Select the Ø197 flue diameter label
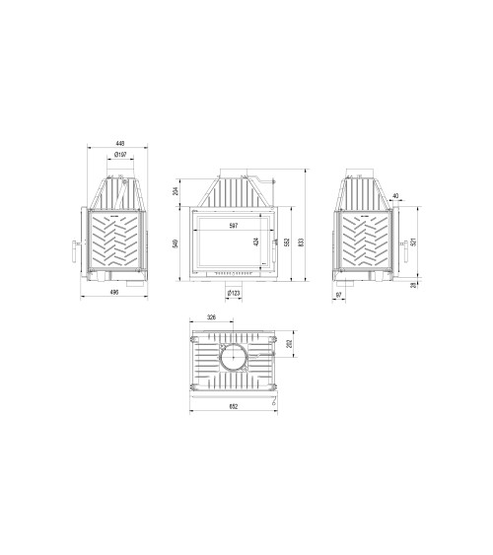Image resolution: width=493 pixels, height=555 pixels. click(x=119, y=156)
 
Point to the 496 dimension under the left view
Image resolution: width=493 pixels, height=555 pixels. click(x=115, y=293)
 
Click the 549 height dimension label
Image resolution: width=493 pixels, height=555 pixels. click(x=176, y=243)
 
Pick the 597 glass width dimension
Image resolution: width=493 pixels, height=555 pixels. click(x=233, y=226)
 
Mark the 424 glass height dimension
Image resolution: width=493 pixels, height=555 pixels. click(x=255, y=242)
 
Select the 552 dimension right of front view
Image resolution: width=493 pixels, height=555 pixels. click(x=287, y=243)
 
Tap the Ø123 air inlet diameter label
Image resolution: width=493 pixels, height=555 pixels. click(x=234, y=293)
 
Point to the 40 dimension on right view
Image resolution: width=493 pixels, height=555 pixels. click(x=395, y=196)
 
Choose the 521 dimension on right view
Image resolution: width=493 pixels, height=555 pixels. click(x=414, y=241)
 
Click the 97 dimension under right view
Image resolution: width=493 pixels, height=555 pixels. click(x=339, y=293)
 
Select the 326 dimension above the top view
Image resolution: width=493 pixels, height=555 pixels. click(x=211, y=317)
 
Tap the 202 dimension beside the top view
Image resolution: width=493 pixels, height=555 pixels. click(x=288, y=344)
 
